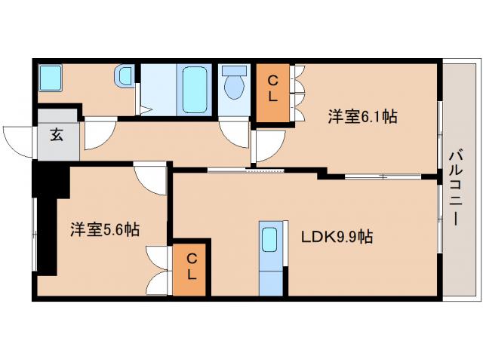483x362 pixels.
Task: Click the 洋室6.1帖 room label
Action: pyautogui.click(x=362, y=117)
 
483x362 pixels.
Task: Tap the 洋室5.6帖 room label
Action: pyautogui.click(x=105, y=229)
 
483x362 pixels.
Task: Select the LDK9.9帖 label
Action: pyautogui.click(x=337, y=237)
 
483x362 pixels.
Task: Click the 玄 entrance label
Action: pyautogui.click(x=57, y=136)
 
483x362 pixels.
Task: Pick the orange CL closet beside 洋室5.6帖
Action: pyautogui.click(x=192, y=268)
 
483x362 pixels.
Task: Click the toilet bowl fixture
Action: pyautogui.click(x=235, y=84)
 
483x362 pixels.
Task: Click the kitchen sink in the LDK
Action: pyautogui.click(x=271, y=241)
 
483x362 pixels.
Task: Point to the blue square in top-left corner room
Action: pyautogui.click(x=51, y=76)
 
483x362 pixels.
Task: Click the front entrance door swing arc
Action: pyautogui.click(x=18, y=142)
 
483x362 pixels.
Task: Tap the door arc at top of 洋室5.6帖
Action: pyautogui.click(x=150, y=179)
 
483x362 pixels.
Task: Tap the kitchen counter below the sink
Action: pyautogui.click(x=271, y=279)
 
